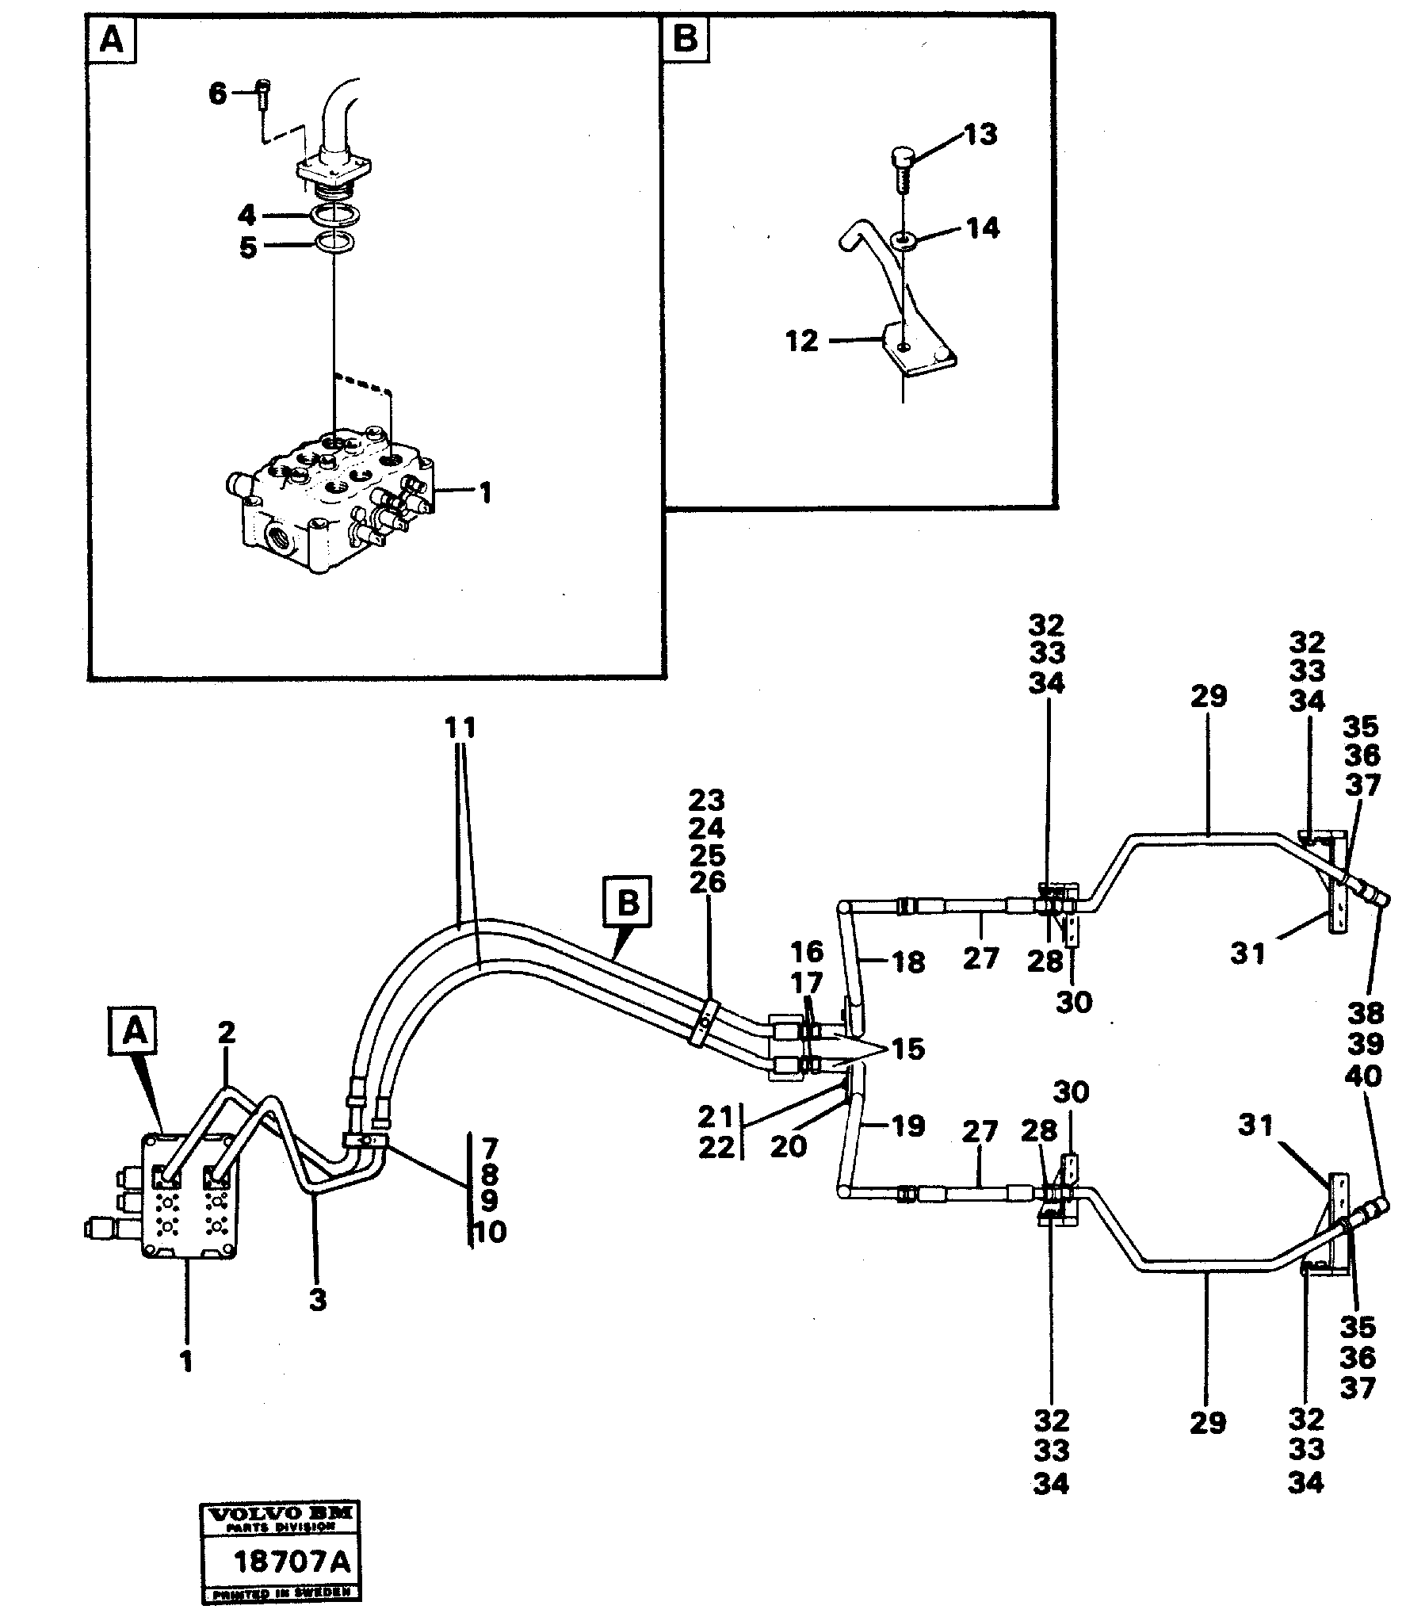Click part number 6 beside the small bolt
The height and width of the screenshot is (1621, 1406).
point(217,94)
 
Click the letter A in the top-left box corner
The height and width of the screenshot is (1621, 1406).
point(113,39)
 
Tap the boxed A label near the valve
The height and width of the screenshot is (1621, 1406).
point(136,1031)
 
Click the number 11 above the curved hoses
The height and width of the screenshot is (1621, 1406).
point(460,728)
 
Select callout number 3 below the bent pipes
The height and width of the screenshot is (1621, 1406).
point(317,1301)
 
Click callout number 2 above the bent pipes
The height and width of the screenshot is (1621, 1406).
point(227,1032)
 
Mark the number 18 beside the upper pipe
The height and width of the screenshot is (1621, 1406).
point(908,962)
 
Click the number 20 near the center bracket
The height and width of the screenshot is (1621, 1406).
point(788,1146)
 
